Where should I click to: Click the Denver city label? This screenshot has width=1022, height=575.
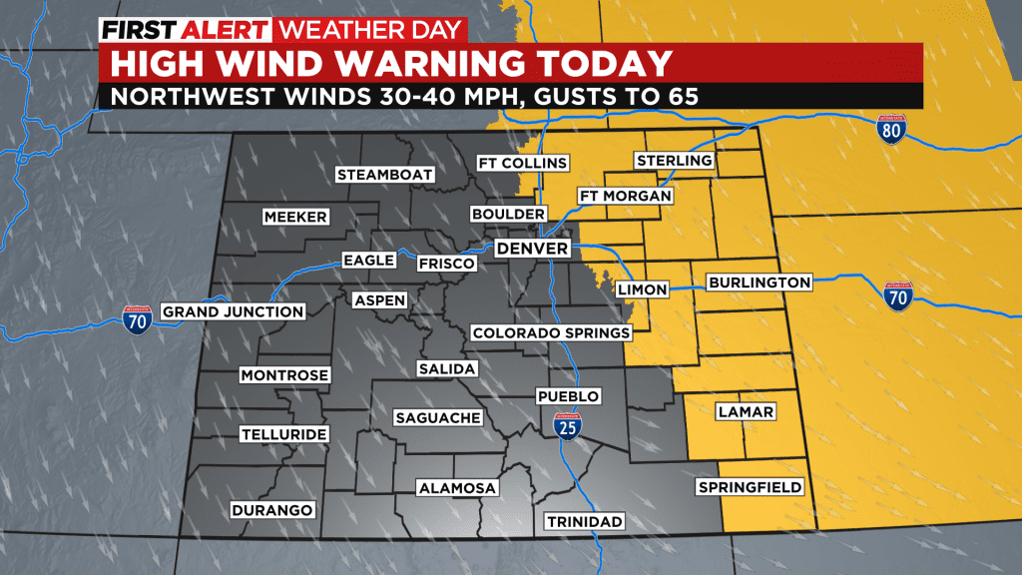532,248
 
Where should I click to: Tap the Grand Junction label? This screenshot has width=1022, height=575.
233,311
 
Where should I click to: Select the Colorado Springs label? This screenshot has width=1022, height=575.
551,332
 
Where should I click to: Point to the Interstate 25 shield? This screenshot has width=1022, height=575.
566,428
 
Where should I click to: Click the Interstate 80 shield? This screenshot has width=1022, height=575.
891,128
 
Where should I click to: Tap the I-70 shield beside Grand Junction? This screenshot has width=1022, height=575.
138,319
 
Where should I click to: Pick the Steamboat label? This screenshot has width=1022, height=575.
385,175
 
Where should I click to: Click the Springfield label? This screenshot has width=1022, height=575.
750,487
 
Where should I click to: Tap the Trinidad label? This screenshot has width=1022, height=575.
584,521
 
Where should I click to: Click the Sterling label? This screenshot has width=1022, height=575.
674,161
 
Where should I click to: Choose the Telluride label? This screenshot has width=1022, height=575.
282,434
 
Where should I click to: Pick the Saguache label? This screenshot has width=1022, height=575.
437,417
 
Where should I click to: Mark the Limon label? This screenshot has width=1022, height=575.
642,288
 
